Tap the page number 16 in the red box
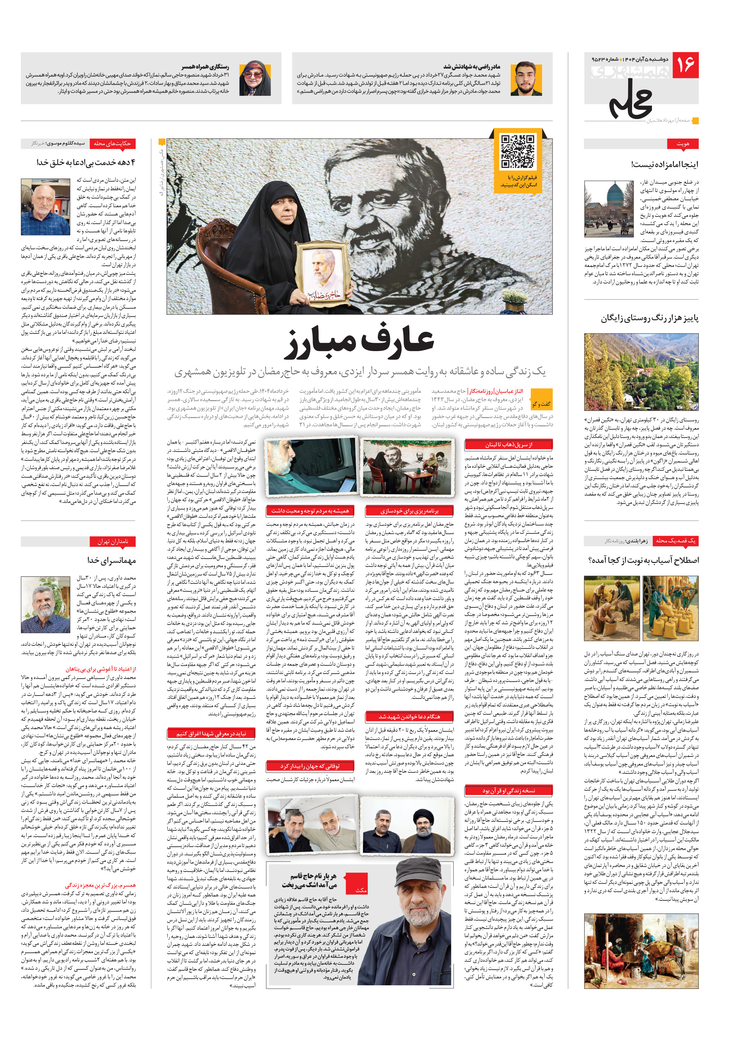click(x=685, y=65)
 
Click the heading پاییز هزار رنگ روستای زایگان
click(x=650, y=318)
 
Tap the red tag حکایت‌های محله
click(x=112, y=144)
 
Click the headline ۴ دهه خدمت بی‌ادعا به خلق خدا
click(x=86, y=162)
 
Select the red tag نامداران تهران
click(x=113, y=541)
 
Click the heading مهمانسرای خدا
click(x=112, y=561)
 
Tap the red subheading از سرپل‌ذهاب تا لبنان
click(x=508, y=445)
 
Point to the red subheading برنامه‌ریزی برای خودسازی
click(x=409, y=511)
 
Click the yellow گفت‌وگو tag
click(x=542, y=403)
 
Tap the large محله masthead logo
click(x=631, y=100)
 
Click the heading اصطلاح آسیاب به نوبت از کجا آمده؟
click(x=643, y=561)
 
